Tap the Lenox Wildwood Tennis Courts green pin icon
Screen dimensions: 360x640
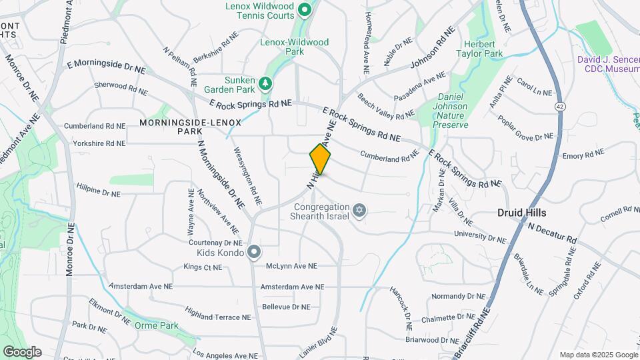[305, 10]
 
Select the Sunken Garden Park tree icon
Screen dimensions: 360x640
[266, 83]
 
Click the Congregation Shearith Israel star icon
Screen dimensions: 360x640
[359, 211]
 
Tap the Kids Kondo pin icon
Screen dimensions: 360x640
[253, 252]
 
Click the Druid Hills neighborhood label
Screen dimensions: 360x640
[521, 213]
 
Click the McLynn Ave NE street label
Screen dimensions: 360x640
[291, 265]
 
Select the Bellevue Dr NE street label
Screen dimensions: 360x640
[286, 307]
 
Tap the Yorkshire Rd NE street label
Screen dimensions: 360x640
[99, 143]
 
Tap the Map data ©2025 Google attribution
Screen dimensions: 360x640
[598, 355]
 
